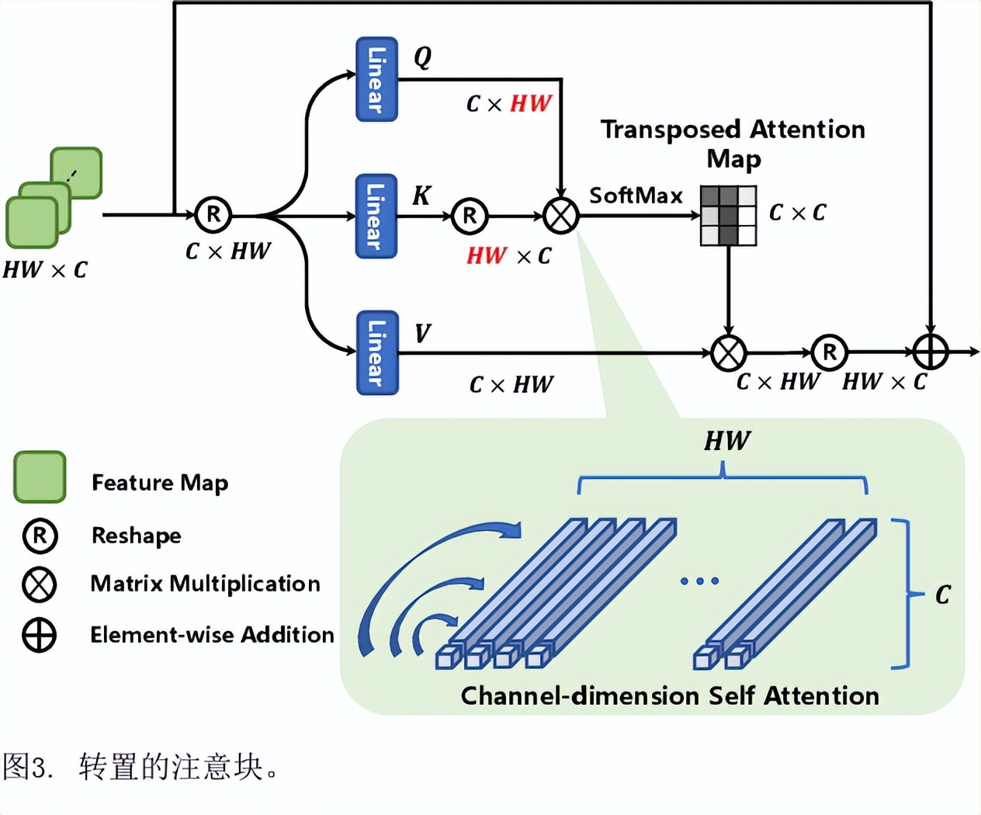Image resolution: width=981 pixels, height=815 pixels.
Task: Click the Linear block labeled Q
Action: pos(376,79)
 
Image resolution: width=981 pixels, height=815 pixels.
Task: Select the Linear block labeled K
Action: pos(376,216)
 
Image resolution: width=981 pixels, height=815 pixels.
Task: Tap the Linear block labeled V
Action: pos(376,352)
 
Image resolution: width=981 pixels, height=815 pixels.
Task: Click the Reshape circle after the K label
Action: pos(470,216)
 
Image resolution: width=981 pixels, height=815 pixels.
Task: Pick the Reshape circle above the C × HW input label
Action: pos(213,215)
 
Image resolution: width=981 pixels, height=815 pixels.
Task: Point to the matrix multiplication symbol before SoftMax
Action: pos(561,216)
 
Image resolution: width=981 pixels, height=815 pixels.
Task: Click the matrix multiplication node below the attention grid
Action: pos(728,352)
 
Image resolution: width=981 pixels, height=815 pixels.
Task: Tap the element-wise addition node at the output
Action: pos(930,352)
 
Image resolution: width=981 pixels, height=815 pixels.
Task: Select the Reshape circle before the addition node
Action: pos(829,352)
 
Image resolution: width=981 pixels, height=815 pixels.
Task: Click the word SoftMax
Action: pos(636,196)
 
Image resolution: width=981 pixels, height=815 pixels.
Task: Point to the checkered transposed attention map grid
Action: pos(728,215)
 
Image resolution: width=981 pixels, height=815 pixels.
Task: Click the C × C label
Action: pos(797,213)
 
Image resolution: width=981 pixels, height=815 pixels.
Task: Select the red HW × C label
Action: pos(509,256)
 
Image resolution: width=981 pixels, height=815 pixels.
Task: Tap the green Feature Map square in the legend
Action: pos(40,477)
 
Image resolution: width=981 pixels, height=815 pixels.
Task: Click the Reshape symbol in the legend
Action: pos(40,536)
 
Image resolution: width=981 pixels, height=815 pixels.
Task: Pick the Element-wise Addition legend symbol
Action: pos(40,635)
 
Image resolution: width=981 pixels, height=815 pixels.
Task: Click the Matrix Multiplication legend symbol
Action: pos(40,584)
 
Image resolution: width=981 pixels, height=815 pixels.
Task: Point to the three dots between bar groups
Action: pos(699,581)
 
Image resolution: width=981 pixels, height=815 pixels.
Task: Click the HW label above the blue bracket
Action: pos(727,442)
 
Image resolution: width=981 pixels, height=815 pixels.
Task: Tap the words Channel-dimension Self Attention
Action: pos(670,695)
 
